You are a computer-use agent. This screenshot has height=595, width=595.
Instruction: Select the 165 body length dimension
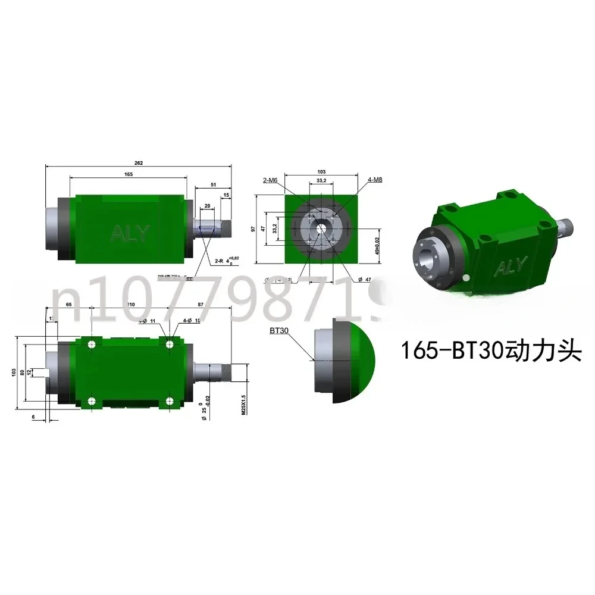(x=129, y=174)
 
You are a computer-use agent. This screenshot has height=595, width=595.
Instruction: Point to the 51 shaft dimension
(x=214, y=184)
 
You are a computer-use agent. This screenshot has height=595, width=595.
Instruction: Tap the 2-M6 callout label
(x=270, y=179)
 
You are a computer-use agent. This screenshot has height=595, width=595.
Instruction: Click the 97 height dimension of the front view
(x=253, y=229)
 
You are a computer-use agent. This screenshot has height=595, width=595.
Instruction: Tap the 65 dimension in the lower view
(x=69, y=304)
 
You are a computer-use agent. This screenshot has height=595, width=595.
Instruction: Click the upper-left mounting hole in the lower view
(x=92, y=345)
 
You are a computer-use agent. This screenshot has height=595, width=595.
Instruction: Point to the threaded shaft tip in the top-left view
(x=226, y=228)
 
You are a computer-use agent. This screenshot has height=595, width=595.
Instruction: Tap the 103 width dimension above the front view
(x=321, y=171)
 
